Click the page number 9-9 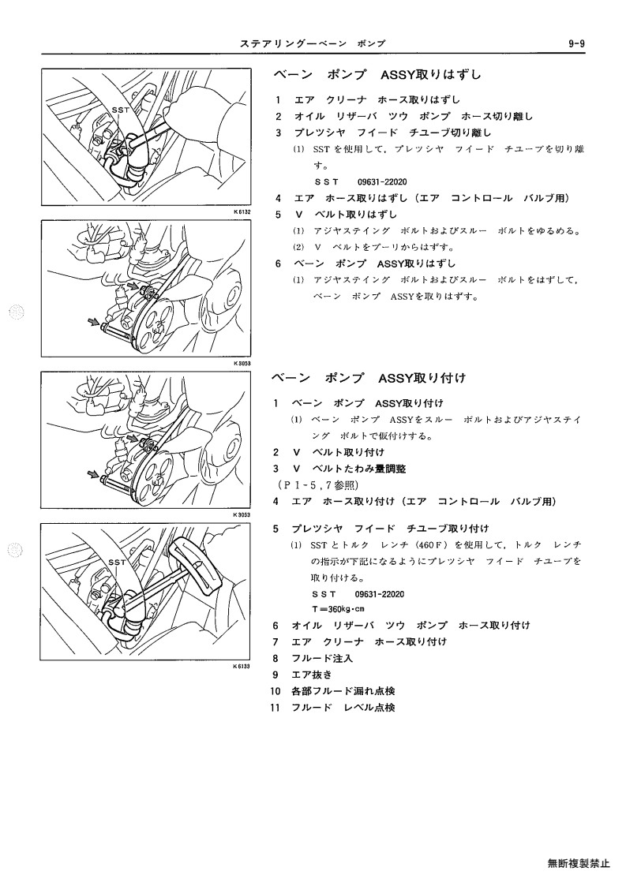point(576,43)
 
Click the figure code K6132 point(242,212)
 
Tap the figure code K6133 point(241,667)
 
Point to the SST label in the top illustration point(121,110)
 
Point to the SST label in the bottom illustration point(117,563)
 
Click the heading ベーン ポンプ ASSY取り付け point(369,378)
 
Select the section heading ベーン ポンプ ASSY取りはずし point(377,75)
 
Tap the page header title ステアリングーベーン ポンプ point(313,43)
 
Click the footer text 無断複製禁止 point(579,863)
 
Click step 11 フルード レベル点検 point(332,708)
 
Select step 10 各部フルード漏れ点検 point(332,691)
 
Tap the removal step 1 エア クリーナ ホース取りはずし point(368,100)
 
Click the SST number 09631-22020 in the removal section point(382,182)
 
